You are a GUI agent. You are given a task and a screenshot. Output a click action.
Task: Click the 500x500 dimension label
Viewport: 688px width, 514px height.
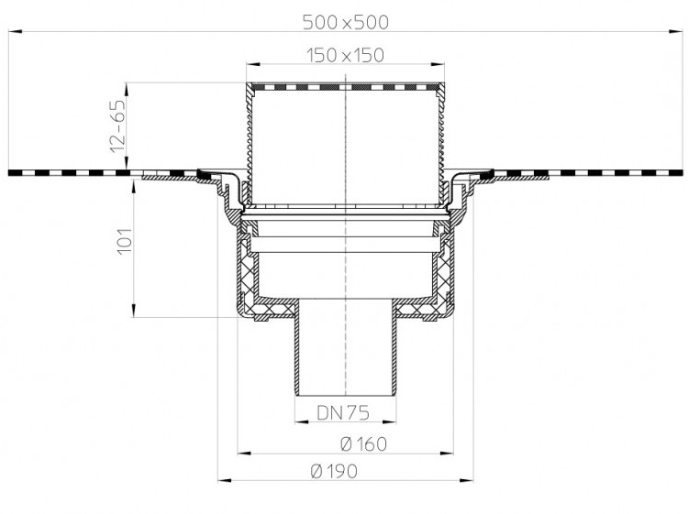[346, 22]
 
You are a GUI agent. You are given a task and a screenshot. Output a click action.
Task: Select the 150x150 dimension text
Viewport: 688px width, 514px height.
[345, 56]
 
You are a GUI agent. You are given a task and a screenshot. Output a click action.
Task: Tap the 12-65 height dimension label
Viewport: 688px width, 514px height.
[118, 126]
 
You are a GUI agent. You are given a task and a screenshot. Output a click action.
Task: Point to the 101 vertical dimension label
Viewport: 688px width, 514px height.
[124, 240]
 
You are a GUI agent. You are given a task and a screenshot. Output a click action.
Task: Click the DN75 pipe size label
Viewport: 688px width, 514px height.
[343, 412]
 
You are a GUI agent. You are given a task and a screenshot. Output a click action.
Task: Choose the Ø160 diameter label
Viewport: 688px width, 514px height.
[364, 444]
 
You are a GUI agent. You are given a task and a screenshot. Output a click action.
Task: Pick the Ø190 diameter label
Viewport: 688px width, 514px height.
[334, 472]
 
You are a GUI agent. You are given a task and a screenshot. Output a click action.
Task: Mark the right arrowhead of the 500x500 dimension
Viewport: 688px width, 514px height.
[676, 31]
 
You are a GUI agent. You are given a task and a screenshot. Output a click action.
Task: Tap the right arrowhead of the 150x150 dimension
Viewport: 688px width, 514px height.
[438, 64]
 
